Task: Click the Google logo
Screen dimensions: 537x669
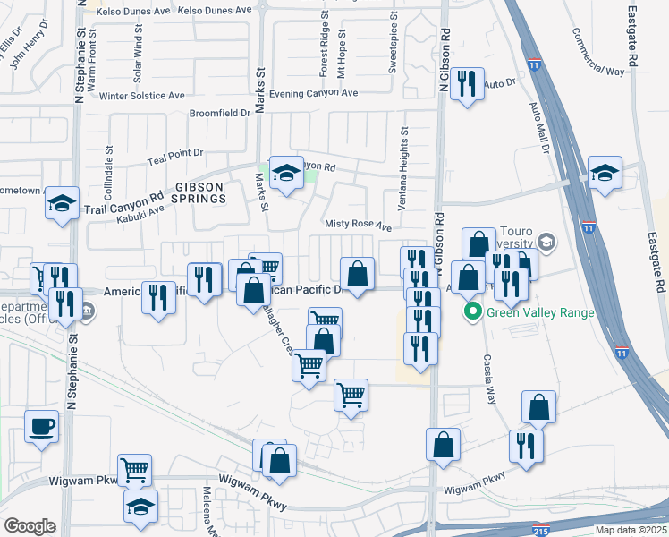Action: [x=30, y=526]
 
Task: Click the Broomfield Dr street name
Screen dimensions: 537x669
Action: [x=220, y=114]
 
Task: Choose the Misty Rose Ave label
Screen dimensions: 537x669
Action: [x=359, y=226]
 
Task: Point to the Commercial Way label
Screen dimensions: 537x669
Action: [x=598, y=57]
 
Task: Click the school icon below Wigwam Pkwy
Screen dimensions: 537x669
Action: [x=140, y=507]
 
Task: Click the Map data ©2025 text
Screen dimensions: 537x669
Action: [x=630, y=530]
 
